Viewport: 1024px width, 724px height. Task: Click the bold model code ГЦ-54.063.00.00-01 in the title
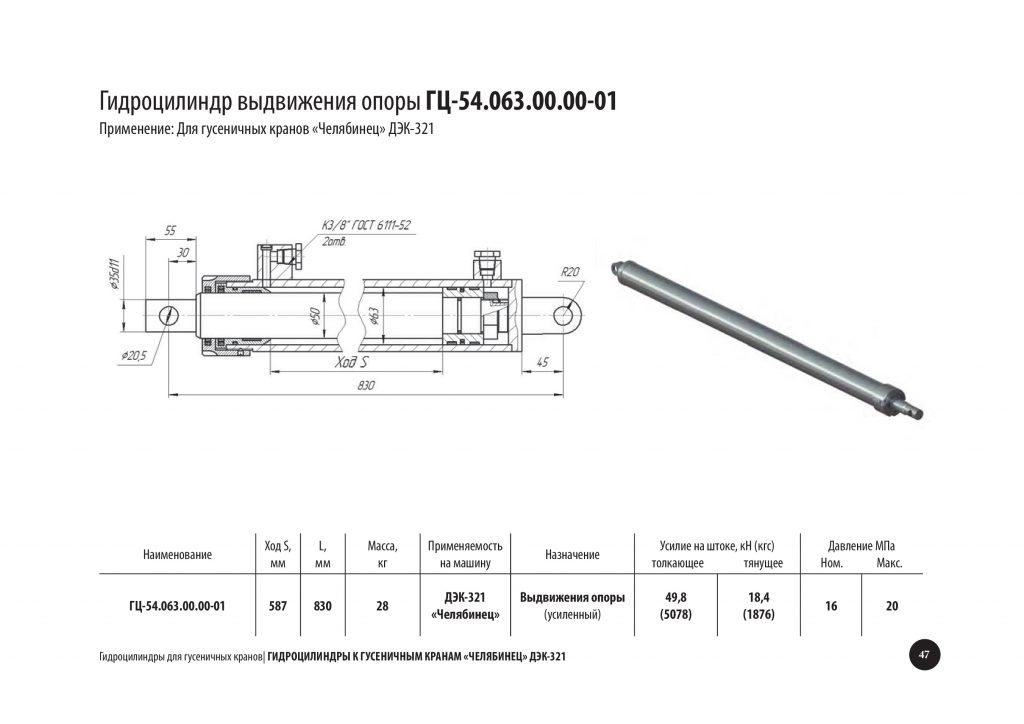pyautogui.click(x=520, y=101)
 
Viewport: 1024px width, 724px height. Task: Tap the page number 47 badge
pyautogui.click(x=924, y=655)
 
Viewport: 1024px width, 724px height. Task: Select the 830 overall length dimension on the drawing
pyautogui.click(x=366, y=385)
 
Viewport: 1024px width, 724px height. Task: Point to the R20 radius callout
pyautogui.click(x=570, y=272)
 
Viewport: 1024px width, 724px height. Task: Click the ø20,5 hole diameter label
pyautogui.click(x=135, y=356)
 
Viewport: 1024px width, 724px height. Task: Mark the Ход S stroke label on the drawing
pyautogui.click(x=351, y=362)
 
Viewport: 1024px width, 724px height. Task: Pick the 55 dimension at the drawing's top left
pyautogui.click(x=170, y=230)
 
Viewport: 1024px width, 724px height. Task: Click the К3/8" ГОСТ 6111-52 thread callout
pyautogui.click(x=366, y=226)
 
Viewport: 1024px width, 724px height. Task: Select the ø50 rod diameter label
pyautogui.click(x=315, y=316)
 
